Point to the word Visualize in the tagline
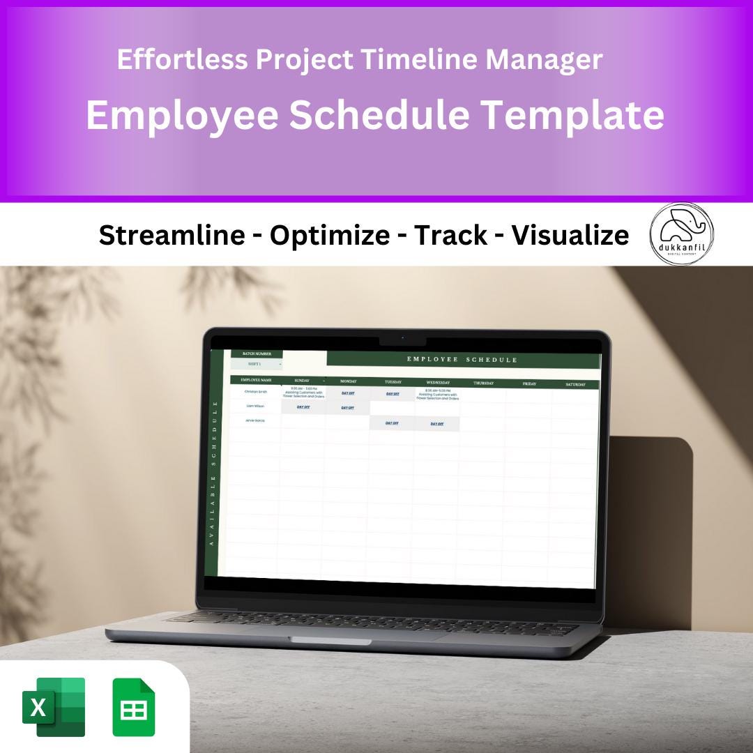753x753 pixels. [x=570, y=236]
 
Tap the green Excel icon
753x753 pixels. [x=54, y=707]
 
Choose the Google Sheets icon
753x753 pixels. [x=134, y=707]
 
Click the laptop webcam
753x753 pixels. [x=402, y=338]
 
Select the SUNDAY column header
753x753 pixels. [x=303, y=381]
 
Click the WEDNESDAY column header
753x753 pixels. [x=438, y=382]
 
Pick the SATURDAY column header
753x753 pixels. [x=575, y=384]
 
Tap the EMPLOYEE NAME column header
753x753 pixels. [x=256, y=380]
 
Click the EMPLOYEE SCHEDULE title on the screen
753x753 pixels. [x=462, y=360]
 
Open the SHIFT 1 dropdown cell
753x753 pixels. [x=257, y=364]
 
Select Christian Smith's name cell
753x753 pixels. [x=255, y=392]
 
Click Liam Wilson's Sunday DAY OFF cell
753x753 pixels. [x=303, y=406]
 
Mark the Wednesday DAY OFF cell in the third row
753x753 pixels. [x=436, y=423]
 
